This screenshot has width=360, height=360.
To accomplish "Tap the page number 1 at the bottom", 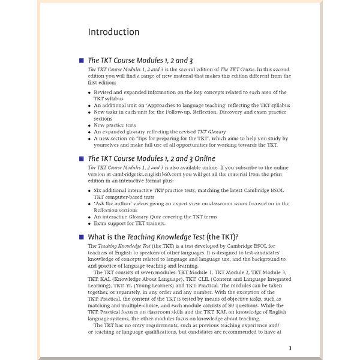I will (x=290, y=347).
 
